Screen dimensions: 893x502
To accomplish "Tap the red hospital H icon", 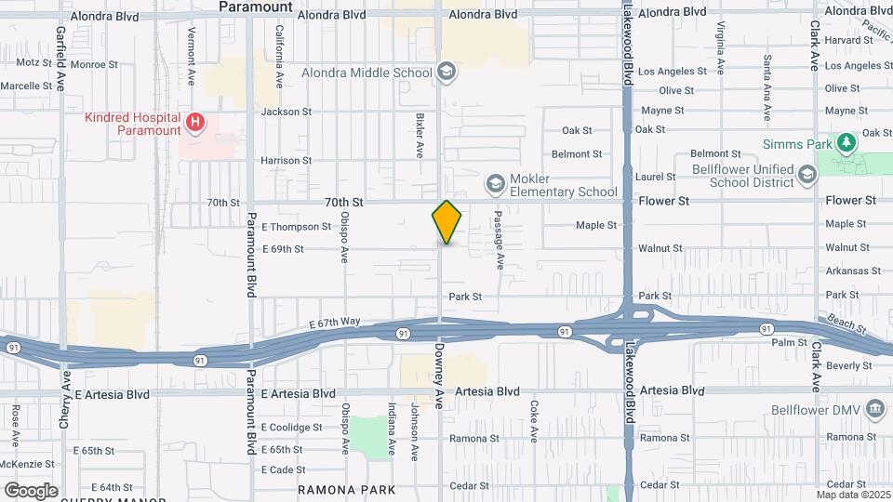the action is point(195,122).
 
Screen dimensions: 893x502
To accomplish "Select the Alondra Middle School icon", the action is point(446,72).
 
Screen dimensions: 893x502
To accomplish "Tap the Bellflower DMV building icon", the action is point(875,409).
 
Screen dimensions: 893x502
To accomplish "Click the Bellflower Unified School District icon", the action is point(806,173).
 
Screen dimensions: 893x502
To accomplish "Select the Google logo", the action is point(30,491).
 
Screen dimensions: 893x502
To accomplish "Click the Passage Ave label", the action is point(499,241).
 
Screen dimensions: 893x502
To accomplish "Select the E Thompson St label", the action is point(296,226).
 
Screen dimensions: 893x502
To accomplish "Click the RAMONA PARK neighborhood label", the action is point(346,489).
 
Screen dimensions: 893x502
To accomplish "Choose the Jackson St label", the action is point(286,112).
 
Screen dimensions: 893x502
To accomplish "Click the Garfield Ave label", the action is point(61,58).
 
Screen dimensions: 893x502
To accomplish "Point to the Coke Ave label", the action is point(535,420).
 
